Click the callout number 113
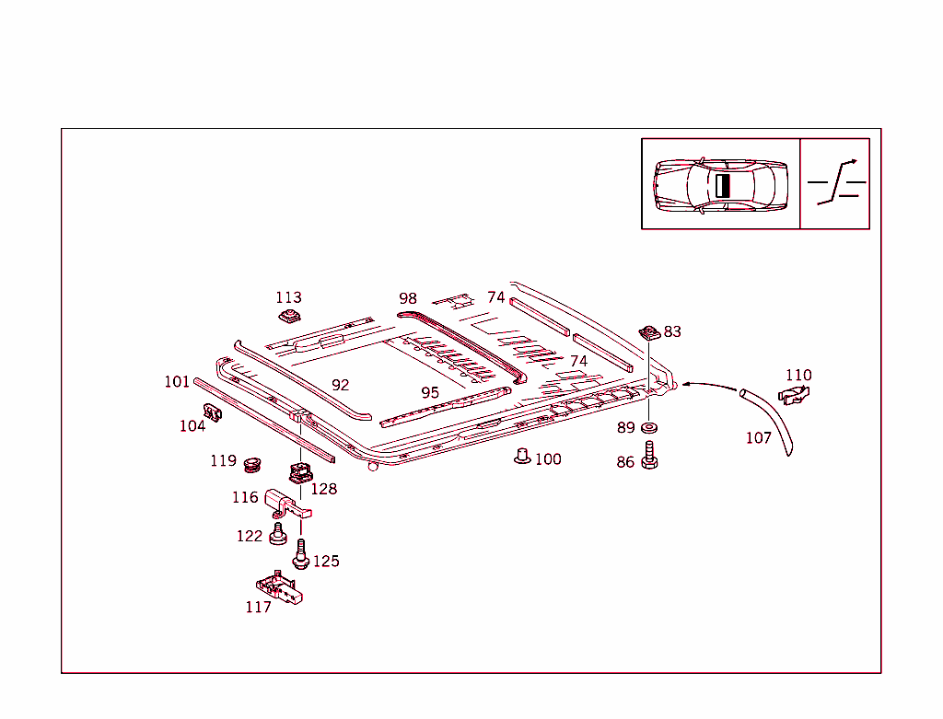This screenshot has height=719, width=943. click(x=288, y=297)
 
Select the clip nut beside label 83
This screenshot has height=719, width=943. click(x=649, y=332)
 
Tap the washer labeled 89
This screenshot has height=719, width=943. click(x=649, y=428)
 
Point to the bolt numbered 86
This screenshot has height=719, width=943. click(x=649, y=456)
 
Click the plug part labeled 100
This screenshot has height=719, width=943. click(x=522, y=457)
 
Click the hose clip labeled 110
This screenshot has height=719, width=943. click(x=794, y=395)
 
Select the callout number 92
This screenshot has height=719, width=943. click(x=341, y=385)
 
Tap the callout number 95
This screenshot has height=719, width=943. click(x=430, y=392)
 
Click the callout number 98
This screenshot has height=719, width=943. click(x=408, y=298)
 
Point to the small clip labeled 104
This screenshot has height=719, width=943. click(x=213, y=412)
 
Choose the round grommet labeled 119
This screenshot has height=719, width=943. click(x=252, y=464)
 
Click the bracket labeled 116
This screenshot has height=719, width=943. click(x=287, y=504)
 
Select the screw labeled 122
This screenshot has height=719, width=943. click(x=277, y=535)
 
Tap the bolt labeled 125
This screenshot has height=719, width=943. click(x=301, y=554)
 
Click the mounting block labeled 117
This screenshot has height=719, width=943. click(x=279, y=586)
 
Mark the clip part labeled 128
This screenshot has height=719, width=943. click(x=301, y=472)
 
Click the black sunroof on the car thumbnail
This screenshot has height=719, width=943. click(x=722, y=186)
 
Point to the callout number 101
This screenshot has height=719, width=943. click(x=177, y=382)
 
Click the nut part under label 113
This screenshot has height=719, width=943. click(x=289, y=316)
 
